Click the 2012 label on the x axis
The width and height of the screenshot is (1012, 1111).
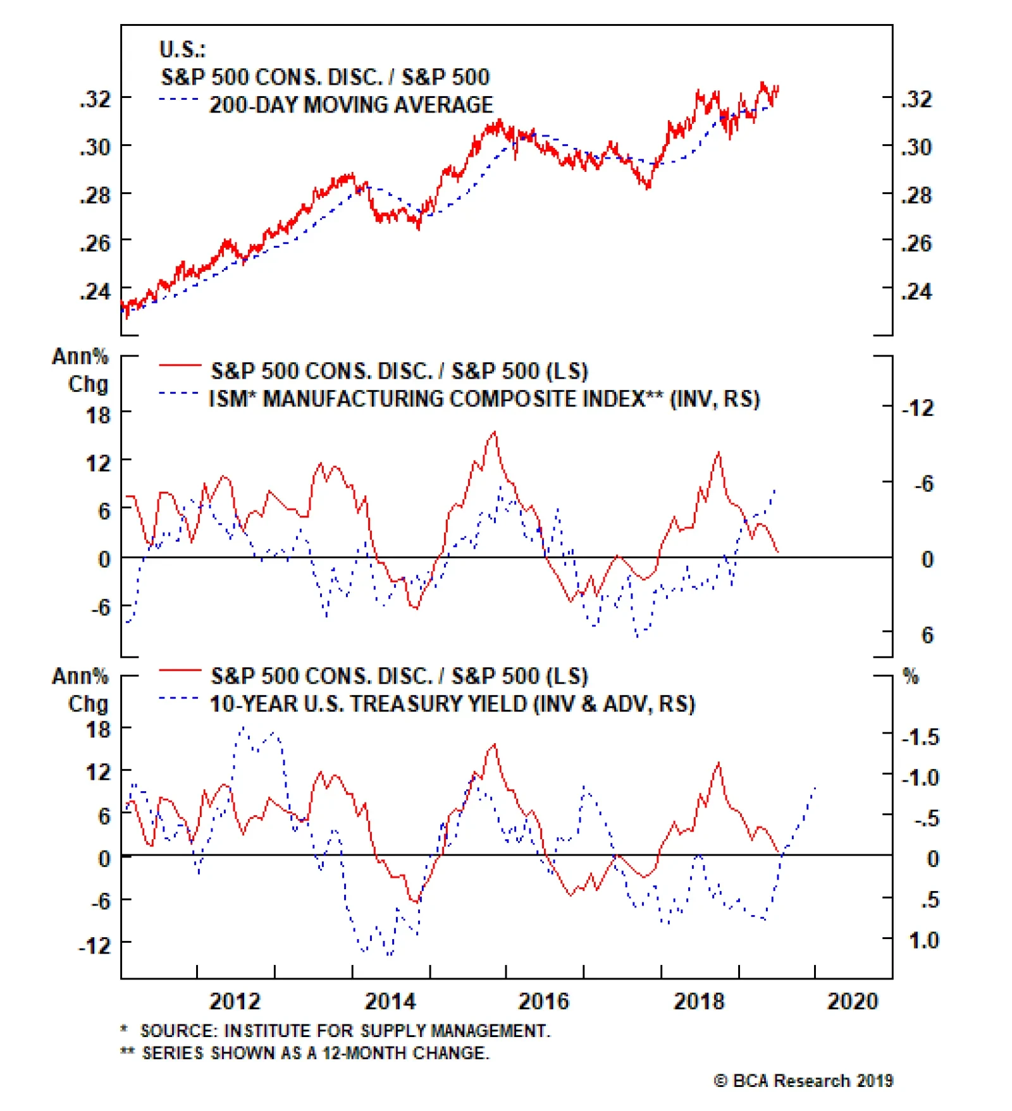pos(235,1001)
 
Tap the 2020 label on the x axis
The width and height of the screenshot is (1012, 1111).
pos(852,1001)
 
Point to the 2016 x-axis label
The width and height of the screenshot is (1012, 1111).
pos(543,1001)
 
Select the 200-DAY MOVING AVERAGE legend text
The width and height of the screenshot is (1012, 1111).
pos(351,104)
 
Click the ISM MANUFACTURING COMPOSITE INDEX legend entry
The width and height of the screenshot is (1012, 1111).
pos(484,399)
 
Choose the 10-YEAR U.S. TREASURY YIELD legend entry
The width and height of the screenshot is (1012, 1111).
pos(452,703)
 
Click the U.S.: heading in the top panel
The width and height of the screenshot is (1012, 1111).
pos(182,49)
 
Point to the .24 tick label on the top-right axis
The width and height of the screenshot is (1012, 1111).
pos(916,291)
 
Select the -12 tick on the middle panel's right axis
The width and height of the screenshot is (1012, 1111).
pos(917,408)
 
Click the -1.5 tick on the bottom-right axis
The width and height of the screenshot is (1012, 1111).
pos(920,737)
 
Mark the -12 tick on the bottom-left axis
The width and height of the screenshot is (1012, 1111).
pos(95,945)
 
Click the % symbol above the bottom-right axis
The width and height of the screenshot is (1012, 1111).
pos(910,676)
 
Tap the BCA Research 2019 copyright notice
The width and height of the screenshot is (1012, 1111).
pos(803,1081)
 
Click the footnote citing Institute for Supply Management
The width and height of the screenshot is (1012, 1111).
pos(335,1031)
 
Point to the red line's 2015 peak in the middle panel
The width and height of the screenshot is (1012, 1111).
pos(494,432)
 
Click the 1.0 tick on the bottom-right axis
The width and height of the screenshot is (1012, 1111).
pos(923,940)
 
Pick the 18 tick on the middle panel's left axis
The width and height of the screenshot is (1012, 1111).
pos(99,415)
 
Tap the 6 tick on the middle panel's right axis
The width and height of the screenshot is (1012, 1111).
pos(927,635)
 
